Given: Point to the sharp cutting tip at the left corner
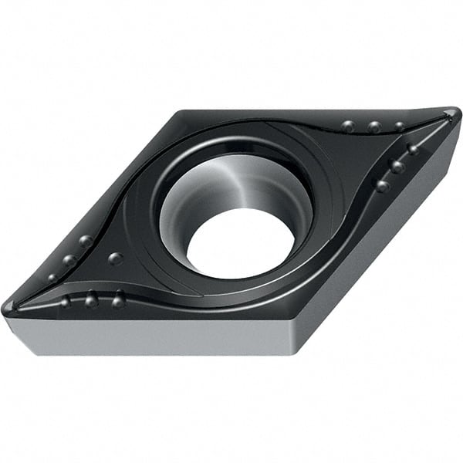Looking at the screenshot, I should coord(9,307).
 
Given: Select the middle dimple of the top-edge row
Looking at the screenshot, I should coord(374,127).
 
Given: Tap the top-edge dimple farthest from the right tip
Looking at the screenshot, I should coord(349,126).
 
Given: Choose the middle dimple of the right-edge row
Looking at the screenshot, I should coord(397,166).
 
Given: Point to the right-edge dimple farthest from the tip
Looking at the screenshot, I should coord(382,185).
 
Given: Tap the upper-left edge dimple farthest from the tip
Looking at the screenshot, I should coord(86,242).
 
